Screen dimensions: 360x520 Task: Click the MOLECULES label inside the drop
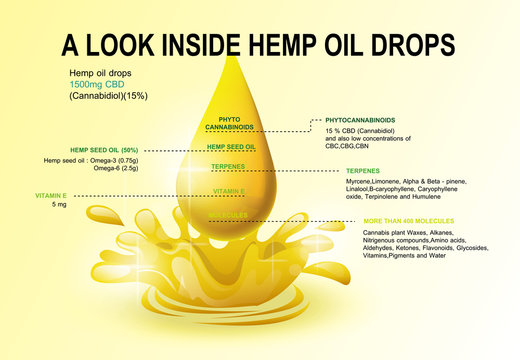pos(227,215)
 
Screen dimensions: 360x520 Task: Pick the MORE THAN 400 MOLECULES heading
pos(408,220)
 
